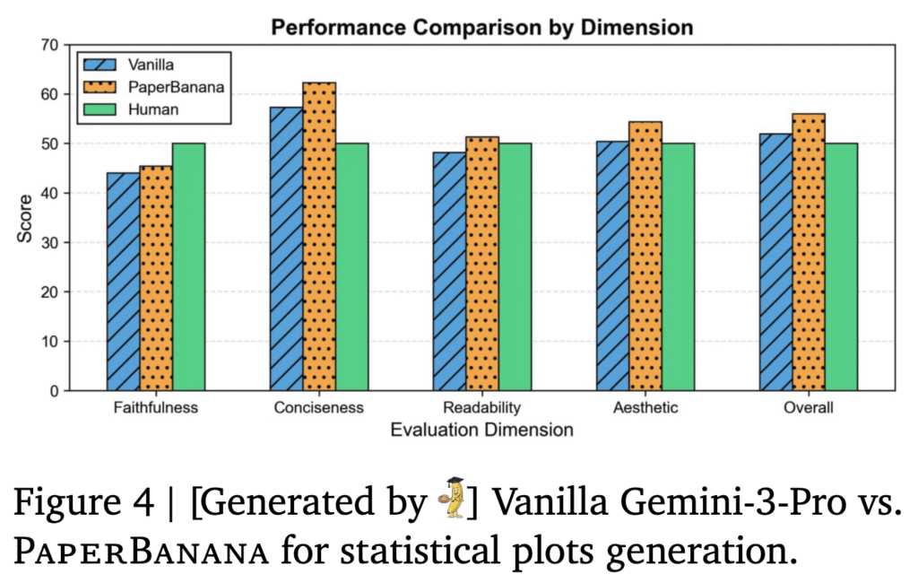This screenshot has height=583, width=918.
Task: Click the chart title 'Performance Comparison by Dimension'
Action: point(482,28)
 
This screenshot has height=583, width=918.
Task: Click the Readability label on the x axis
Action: point(482,408)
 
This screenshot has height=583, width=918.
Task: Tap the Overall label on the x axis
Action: point(809,408)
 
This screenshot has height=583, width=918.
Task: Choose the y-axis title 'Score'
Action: point(25,218)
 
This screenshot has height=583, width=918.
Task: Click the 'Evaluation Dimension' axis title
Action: point(482,431)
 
